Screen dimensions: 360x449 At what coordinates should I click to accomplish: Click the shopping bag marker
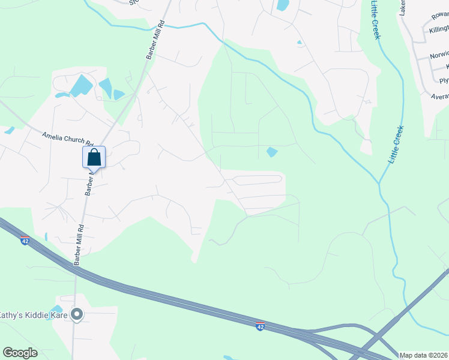click(x=94, y=157)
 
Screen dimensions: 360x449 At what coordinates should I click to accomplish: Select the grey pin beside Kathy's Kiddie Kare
click(x=76, y=314)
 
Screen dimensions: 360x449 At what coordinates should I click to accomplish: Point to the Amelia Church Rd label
click(x=68, y=139)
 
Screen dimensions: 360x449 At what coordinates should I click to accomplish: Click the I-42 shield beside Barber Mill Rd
click(x=25, y=241)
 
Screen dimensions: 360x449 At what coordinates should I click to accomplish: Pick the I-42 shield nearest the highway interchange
click(x=260, y=326)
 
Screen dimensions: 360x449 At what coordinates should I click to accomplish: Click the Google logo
click(x=20, y=353)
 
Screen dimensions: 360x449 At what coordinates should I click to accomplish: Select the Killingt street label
click(x=439, y=29)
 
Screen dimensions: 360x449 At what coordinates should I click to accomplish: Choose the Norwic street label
click(x=439, y=55)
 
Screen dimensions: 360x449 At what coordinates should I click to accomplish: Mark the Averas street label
click(x=439, y=95)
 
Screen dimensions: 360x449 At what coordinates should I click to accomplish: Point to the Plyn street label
click(x=444, y=80)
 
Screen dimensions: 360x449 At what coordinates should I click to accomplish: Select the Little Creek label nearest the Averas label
click(x=396, y=145)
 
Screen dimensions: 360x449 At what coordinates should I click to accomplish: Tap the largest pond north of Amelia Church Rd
click(x=80, y=85)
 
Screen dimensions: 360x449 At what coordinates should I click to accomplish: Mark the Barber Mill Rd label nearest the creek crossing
click(x=154, y=40)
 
